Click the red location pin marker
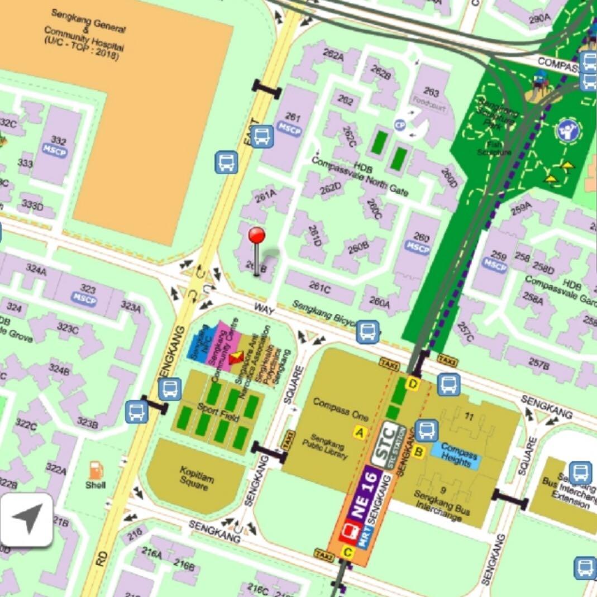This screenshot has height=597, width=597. coord(257,236)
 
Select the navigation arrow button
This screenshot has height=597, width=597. coord(27,519)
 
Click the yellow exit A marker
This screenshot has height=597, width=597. coord(359,432)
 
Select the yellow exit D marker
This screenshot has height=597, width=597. coord(413,384)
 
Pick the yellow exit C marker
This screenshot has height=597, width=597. coord(347,553)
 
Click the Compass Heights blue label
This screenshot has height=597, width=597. coord(459,455)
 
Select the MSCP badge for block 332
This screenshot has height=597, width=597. coord(55,151)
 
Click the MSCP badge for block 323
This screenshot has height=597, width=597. coord(84,299)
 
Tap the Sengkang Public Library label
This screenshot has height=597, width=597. coord(328,447)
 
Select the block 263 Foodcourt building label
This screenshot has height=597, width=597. coord(431,98)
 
